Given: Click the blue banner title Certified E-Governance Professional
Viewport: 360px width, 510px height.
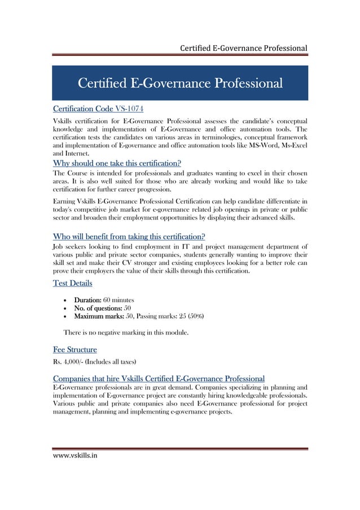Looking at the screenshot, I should pyautogui.click(x=179, y=84).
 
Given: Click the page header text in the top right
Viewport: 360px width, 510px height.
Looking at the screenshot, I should pyautogui.click(x=243, y=48).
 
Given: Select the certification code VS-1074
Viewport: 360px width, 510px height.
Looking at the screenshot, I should pyautogui.click(x=133, y=108).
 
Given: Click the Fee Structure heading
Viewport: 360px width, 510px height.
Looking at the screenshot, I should pyautogui.click(x=74, y=349).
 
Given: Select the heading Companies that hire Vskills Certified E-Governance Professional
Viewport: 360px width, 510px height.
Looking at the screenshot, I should pyautogui.click(x=159, y=377).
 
